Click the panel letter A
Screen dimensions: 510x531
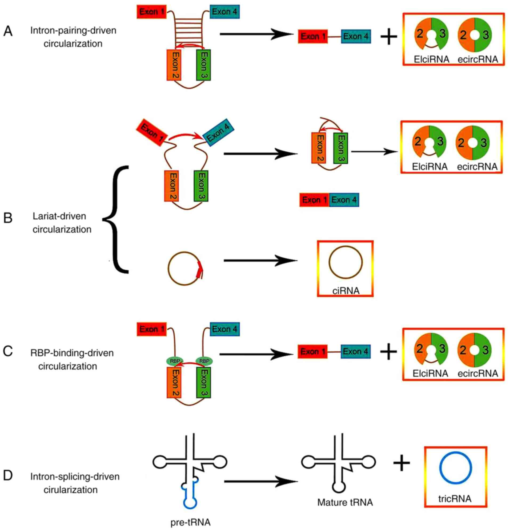[x=8, y=32]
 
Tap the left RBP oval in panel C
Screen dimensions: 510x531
[x=175, y=361]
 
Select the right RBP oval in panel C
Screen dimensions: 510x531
[x=204, y=361]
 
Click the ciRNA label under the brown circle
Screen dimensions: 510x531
[x=346, y=291]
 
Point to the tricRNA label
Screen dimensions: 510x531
[x=455, y=498]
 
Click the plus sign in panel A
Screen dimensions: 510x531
[x=389, y=36]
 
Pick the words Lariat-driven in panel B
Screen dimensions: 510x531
[x=59, y=216]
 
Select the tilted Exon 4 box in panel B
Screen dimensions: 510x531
[x=218, y=132]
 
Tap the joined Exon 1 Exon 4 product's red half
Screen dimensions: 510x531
[x=314, y=200]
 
